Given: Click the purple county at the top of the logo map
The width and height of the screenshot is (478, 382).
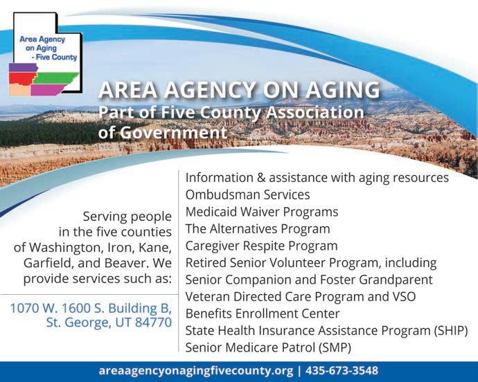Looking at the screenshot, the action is [x=23, y=68].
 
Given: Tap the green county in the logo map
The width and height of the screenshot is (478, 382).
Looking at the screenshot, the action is [x=56, y=78].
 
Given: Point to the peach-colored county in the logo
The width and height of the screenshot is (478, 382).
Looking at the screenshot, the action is [x=19, y=89].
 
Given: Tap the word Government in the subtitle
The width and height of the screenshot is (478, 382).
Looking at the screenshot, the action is [x=173, y=133].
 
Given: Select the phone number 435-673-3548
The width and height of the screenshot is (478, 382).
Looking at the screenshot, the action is [x=342, y=371].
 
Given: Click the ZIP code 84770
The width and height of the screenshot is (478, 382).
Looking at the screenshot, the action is [x=153, y=322].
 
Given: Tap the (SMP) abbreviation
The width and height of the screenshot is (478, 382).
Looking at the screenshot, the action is [x=335, y=347].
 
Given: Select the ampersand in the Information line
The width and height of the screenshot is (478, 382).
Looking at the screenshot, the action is [x=261, y=178].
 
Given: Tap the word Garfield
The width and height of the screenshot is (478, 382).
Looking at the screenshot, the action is [x=48, y=263].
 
